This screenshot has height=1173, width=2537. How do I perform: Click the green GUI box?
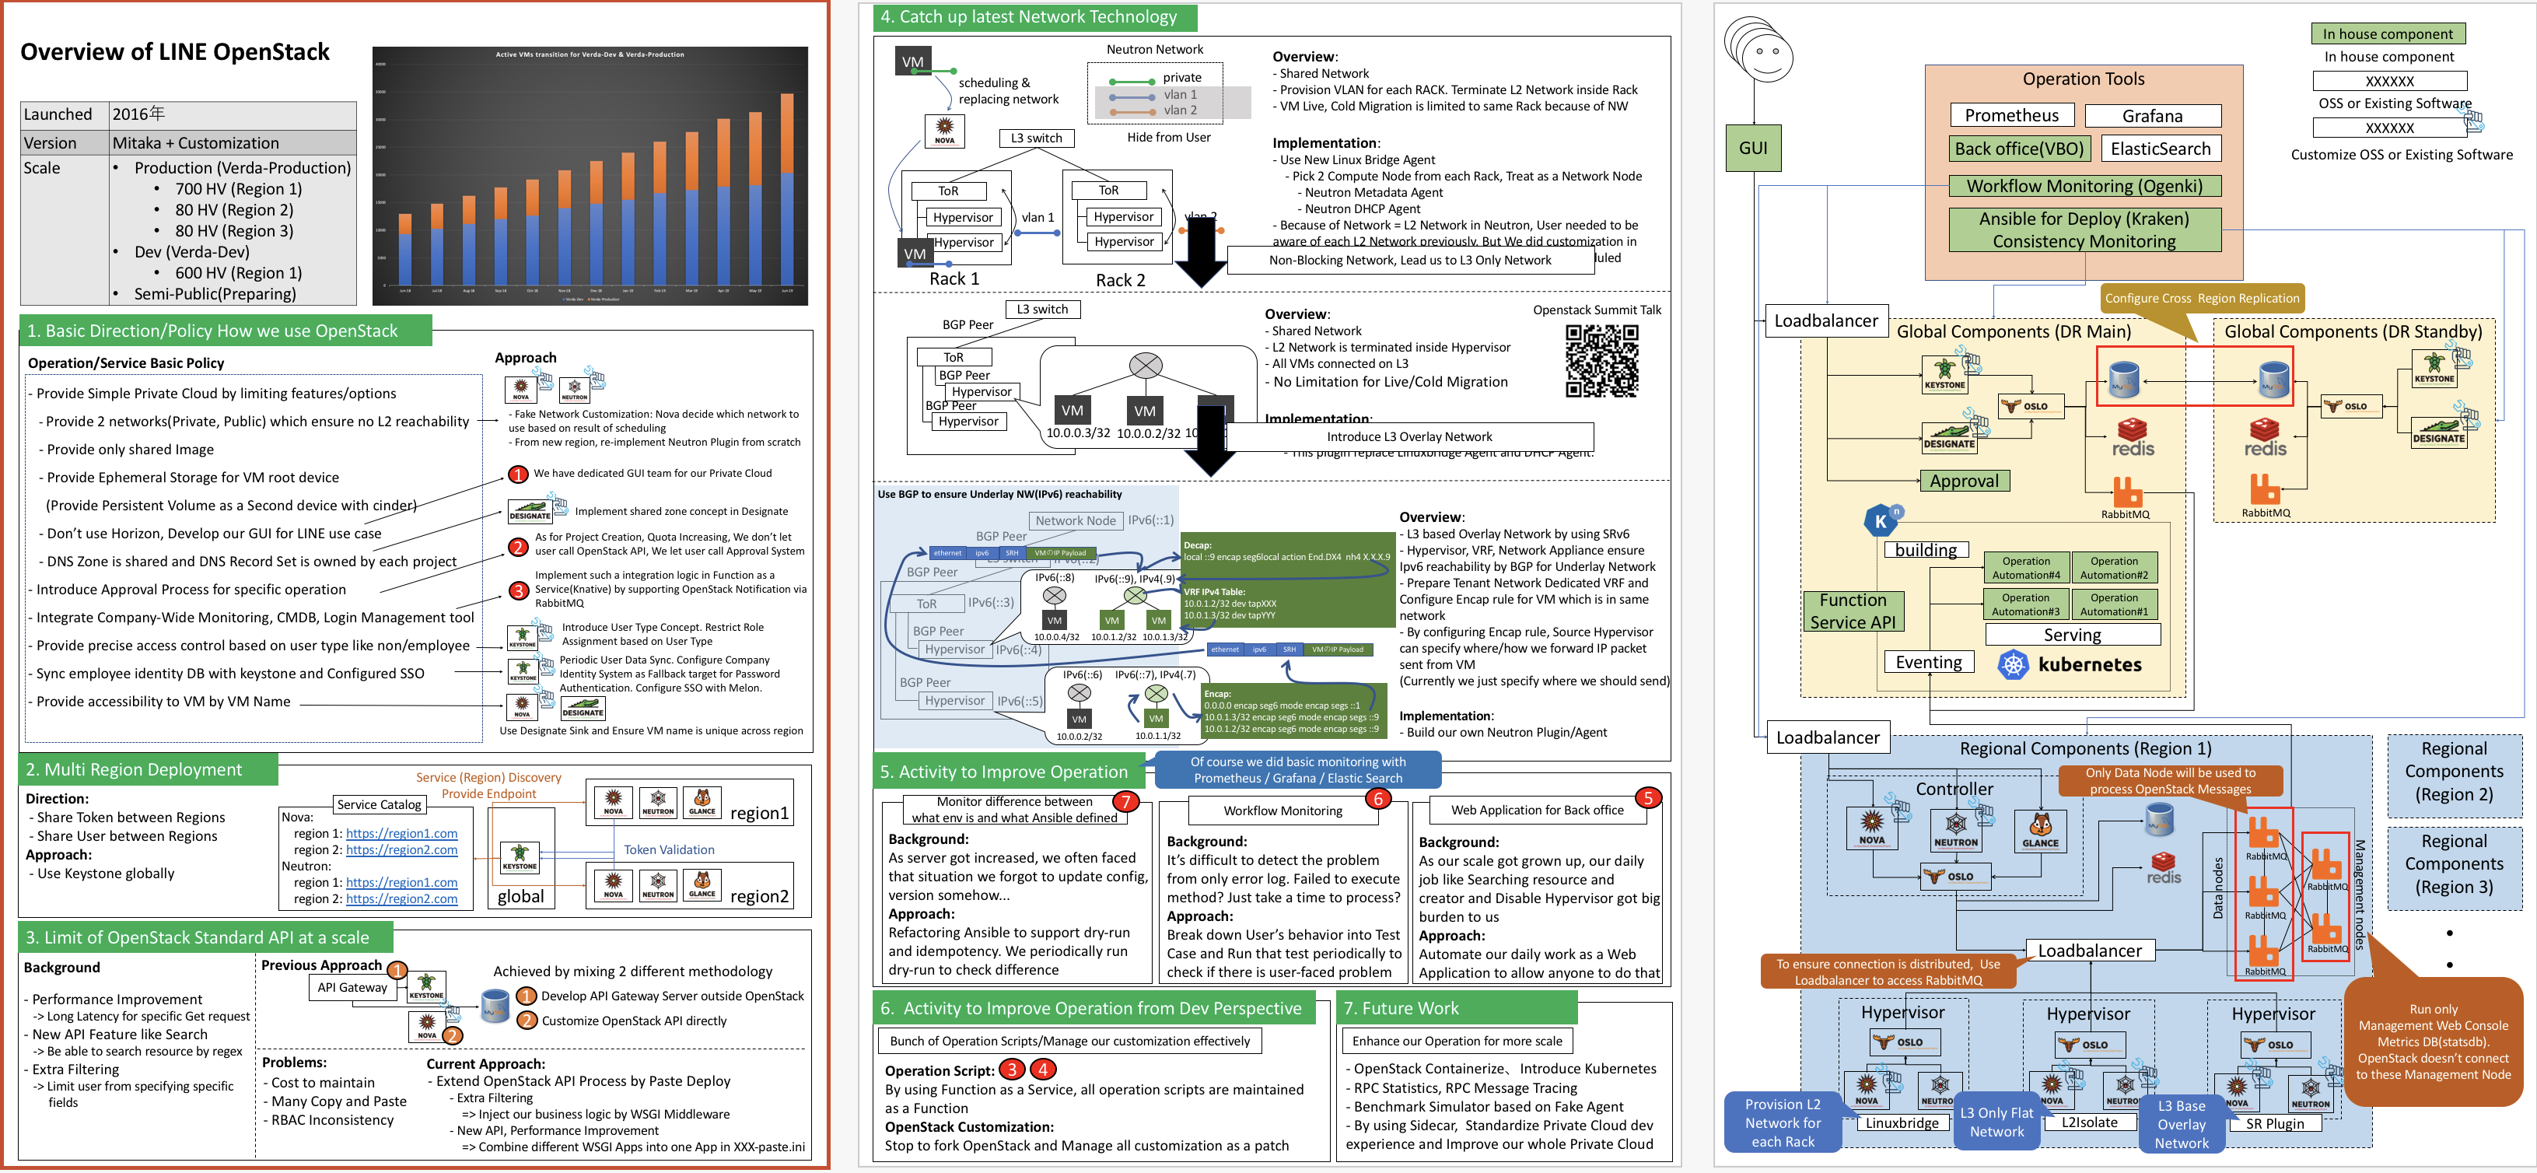click(1753, 149)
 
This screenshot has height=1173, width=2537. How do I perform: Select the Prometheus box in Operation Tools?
click(2011, 115)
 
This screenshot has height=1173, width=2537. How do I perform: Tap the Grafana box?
click(2152, 116)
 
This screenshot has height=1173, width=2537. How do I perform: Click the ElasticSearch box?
click(2160, 149)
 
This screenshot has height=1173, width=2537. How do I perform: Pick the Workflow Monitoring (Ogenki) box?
click(2084, 186)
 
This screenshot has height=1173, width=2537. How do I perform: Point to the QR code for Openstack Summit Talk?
click(1601, 362)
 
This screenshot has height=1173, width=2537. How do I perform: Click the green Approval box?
click(1964, 481)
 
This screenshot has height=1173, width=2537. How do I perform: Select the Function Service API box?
click(1853, 611)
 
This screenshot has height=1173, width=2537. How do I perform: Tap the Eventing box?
click(1928, 663)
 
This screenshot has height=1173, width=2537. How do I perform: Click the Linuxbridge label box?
click(1902, 1122)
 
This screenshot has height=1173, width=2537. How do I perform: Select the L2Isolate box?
click(2089, 1122)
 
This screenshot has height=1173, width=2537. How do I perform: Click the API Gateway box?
click(352, 988)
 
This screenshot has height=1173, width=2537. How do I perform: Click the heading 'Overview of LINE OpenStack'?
click(175, 52)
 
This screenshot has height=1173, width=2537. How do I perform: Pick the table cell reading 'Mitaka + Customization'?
click(195, 143)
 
